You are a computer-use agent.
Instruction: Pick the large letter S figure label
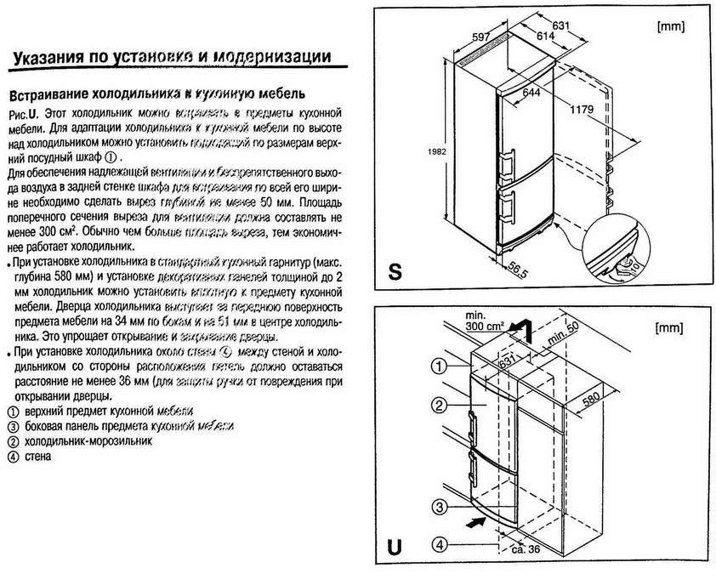pos(395,270)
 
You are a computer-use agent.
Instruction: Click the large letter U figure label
pos(393,545)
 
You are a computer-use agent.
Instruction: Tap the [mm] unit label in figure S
pos(672,26)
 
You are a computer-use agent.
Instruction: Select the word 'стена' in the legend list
pos(39,457)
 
